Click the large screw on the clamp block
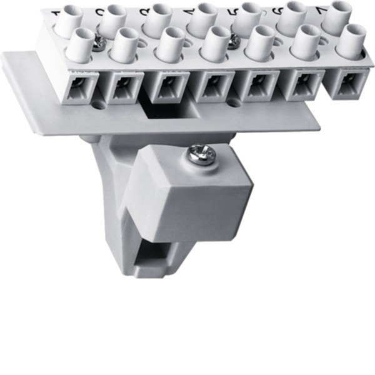[x=202, y=154]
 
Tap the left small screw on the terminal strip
[x=98, y=42]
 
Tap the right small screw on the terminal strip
[x=235, y=41]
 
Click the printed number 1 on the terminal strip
[x=55, y=13]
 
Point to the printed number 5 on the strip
[x=236, y=11]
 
